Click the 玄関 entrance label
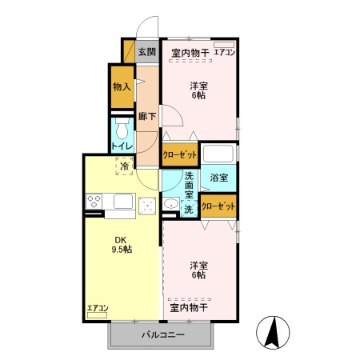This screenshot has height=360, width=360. (x=146, y=53)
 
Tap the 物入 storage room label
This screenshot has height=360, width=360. (x=122, y=86)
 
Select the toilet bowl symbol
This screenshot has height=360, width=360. (x=122, y=129)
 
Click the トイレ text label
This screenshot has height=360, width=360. (x=122, y=146)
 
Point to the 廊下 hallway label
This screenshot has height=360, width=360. (x=146, y=117)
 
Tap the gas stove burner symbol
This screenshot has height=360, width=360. (x=93, y=201)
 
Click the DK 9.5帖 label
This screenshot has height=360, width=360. (x=122, y=244)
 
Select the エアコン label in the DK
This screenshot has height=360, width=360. (x=98, y=308)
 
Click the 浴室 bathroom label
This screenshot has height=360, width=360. (x=218, y=178)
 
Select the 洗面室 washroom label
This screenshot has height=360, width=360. (x=189, y=185)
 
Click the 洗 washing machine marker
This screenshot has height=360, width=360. (x=189, y=209)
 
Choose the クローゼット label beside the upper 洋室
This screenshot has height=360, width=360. (x=179, y=155)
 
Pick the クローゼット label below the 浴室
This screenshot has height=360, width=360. (x=218, y=206)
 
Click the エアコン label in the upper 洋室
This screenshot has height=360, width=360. (x=224, y=53)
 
